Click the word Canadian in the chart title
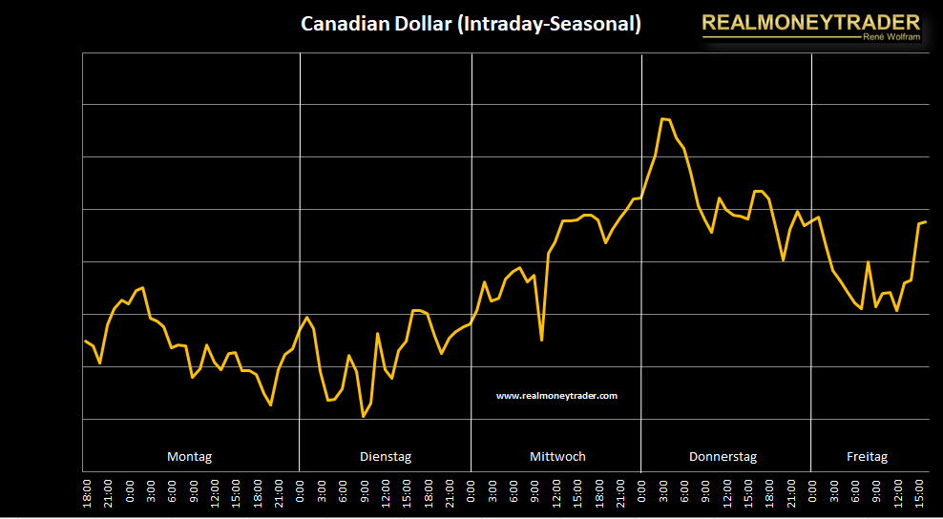pyautogui.click(x=339, y=24)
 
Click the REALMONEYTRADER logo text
pyautogui.click(x=810, y=22)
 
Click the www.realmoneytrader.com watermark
pyautogui.click(x=557, y=395)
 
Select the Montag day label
pyautogui.click(x=190, y=457)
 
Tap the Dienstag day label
pyautogui.click(x=386, y=457)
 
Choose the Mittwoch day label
pyautogui.click(x=557, y=457)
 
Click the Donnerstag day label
pyautogui.click(x=723, y=457)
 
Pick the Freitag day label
pyautogui.click(x=867, y=457)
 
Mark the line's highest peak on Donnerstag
pyautogui.click(x=663, y=119)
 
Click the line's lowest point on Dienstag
pyautogui.click(x=363, y=417)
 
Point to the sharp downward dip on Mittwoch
pyautogui.click(x=541, y=340)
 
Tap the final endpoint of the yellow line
pyautogui.click(x=926, y=221)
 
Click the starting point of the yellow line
pyautogui.click(x=84, y=341)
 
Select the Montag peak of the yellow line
pyautogui.click(x=142, y=287)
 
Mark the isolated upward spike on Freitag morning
pyautogui.click(x=868, y=261)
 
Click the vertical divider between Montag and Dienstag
pyautogui.click(x=300, y=258)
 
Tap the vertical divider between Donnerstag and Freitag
pyautogui.click(x=811, y=258)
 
